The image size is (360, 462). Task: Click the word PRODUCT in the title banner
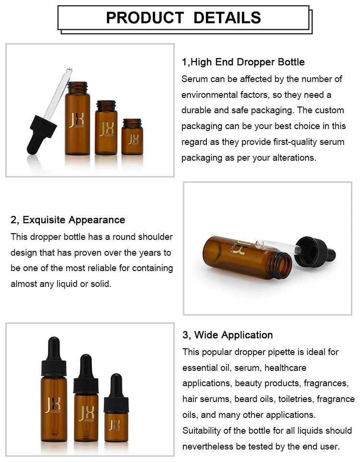point(145,18)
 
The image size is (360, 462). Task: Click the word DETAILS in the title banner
point(228,18)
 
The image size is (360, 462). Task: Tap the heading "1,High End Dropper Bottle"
point(243,62)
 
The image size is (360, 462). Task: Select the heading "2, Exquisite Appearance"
point(68,220)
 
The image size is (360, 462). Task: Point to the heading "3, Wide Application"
point(228,335)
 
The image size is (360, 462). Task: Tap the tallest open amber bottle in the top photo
point(78,118)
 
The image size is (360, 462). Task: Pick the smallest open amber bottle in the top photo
point(132,137)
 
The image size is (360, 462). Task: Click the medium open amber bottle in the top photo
point(106,127)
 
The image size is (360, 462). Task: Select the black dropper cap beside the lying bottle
point(315,252)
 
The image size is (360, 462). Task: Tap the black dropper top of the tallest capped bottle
point(54,356)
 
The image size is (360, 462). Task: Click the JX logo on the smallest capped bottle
point(115,425)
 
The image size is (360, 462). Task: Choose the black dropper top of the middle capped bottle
point(86,374)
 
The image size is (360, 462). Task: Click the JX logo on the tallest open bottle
point(77,120)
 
